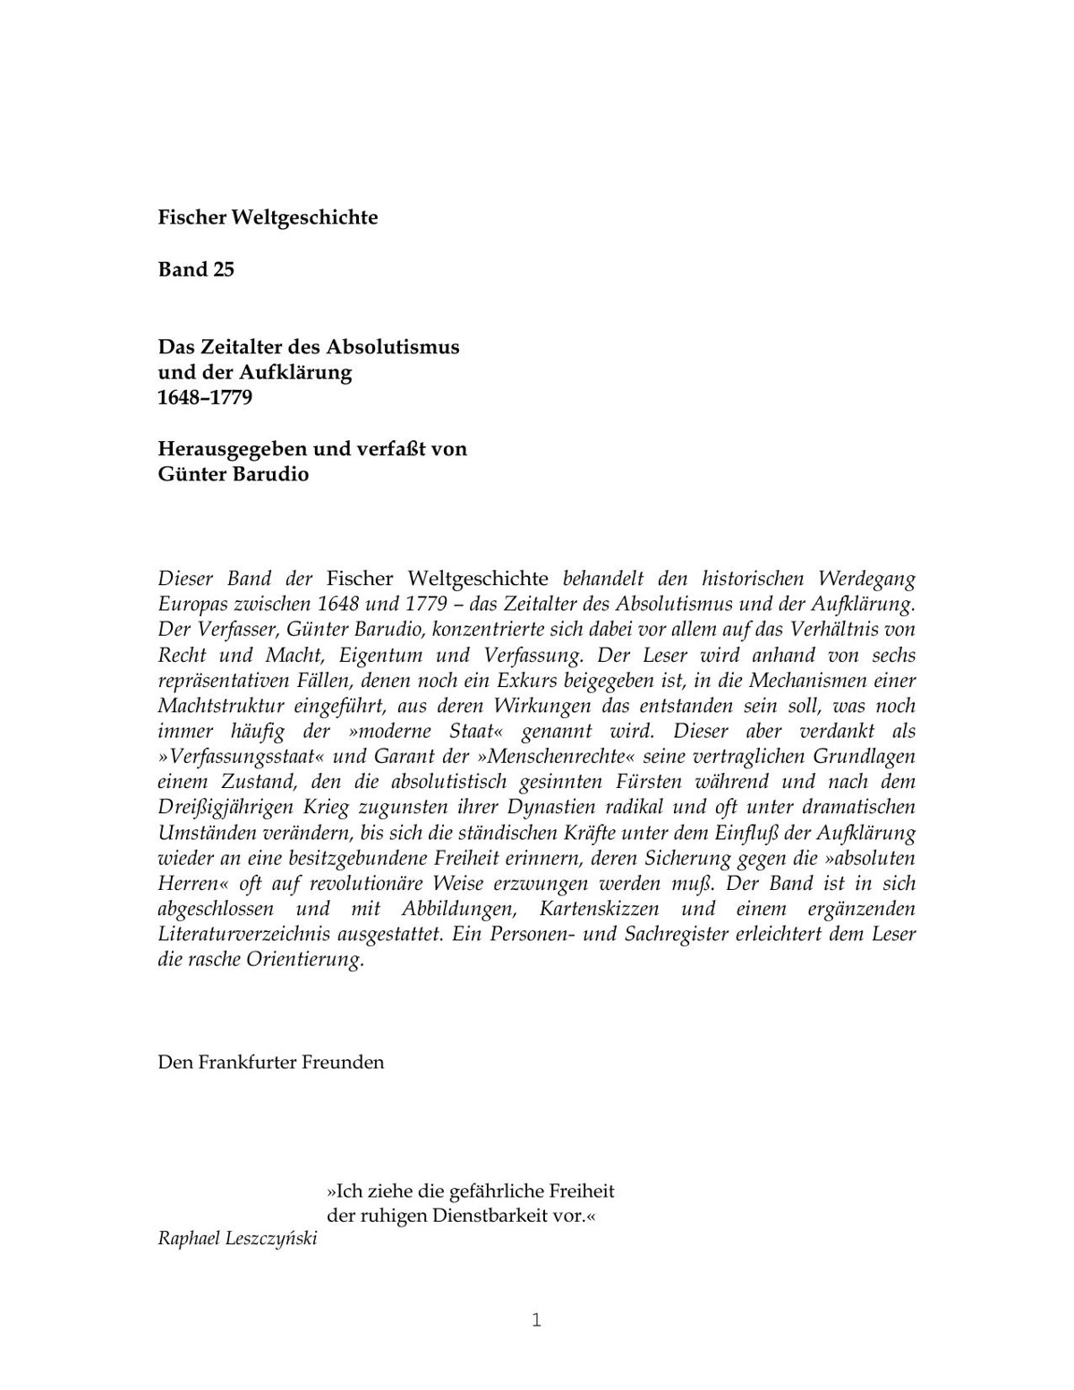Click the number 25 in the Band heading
coord(223,269)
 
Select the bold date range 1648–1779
coord(205,397)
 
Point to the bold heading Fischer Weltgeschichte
coord(268,217)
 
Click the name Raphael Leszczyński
coord(237,1239)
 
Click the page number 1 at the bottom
coord(537,1320)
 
